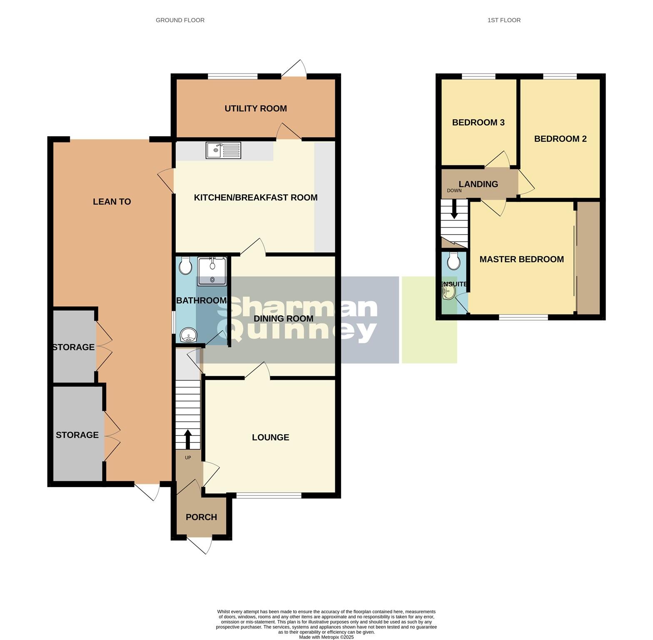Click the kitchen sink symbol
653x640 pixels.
223,150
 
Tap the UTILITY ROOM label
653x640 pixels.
255,109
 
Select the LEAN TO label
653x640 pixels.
112,202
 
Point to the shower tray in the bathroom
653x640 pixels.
212,271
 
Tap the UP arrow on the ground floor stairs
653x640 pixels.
188,438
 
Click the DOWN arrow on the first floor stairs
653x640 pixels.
454,209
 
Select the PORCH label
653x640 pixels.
201,517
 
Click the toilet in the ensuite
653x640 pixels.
453,262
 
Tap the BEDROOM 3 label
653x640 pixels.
478,122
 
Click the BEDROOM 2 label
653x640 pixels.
560,139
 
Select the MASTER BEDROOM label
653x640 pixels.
521,259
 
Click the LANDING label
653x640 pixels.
478,184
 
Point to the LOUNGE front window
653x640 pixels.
269,495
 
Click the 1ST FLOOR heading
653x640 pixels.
504,20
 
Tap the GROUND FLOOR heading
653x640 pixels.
180,20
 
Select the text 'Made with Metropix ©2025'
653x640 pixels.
326,637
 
